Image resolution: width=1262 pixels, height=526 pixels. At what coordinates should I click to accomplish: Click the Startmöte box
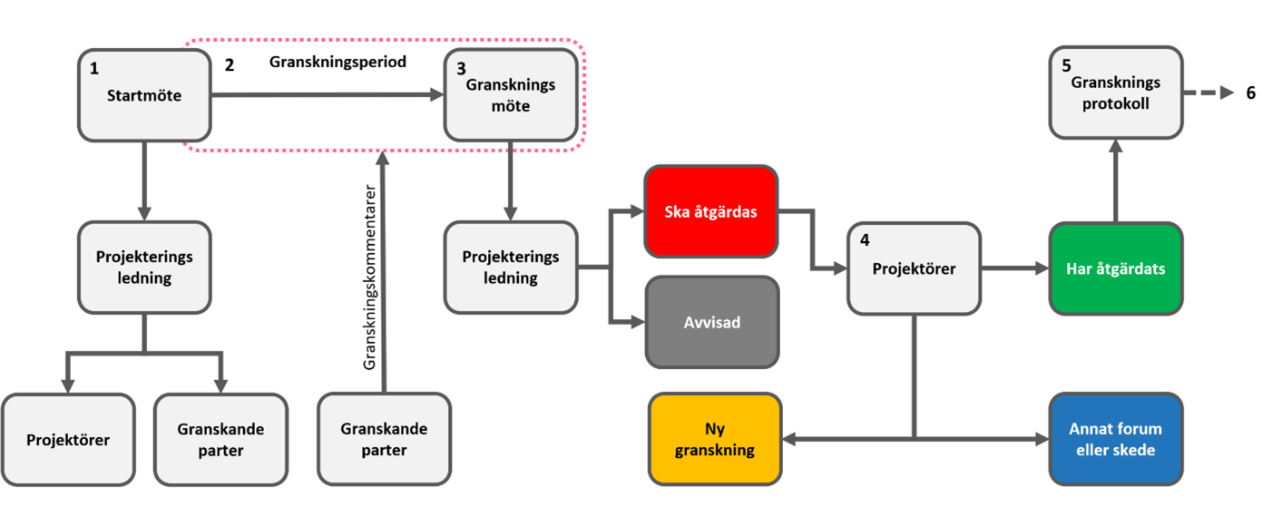(x=144, y=95)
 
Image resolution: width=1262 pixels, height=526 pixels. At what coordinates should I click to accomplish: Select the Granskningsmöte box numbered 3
(x=510, y=95)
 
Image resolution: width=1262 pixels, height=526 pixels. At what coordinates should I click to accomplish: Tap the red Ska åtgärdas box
(x=710, y=212)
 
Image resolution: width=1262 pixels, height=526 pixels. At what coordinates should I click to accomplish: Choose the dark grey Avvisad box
(x=711, y=322)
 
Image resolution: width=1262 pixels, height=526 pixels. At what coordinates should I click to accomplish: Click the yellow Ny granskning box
(x=715, y=439)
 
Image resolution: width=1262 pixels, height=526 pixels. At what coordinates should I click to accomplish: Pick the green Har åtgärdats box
(x=1116, y=268)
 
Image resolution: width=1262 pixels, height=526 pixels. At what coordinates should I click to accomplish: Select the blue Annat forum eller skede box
(x=1116, y=439)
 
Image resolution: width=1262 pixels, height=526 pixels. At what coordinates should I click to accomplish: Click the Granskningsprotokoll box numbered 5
(x=1116, y=93)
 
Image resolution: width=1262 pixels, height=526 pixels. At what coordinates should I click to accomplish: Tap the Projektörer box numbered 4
(x=914, y=268)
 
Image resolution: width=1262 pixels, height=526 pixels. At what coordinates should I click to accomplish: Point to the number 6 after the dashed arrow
(x=1250, y=93)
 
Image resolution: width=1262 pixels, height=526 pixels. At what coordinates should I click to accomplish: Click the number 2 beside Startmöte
(x=230, y=65)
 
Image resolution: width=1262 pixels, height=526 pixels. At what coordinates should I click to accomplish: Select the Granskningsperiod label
(x=338, y=63)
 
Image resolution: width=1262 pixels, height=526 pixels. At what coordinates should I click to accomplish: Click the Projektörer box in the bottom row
(x=68, y=440)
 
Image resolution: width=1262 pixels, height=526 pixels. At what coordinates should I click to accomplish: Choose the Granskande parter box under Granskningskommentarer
(x=384, y=439)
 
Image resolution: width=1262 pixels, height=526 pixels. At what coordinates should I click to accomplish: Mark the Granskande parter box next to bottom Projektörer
(x=220, y=440)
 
